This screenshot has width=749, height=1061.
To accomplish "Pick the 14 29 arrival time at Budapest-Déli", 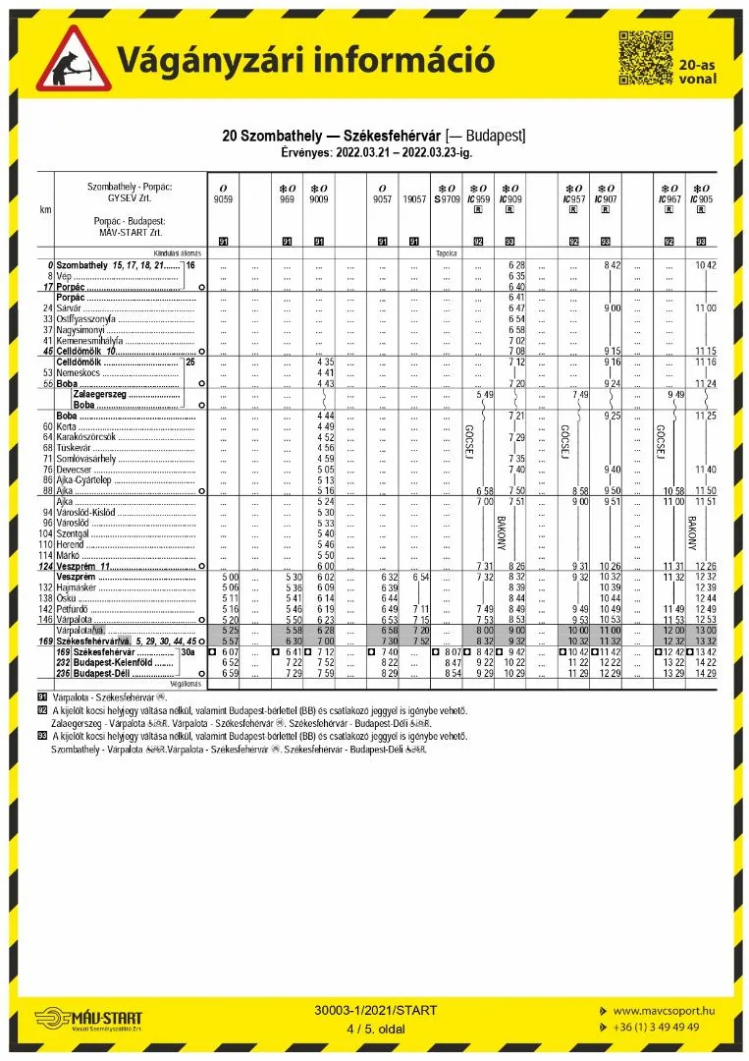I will click(705, 673).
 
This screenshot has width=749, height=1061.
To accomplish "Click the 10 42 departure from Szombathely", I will click(705, 265).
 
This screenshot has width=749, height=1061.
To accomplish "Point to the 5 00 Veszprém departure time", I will click(231, 577).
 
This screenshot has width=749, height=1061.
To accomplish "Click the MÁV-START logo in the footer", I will click(89, 1019).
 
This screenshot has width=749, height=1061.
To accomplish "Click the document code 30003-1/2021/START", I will click(376, 1010).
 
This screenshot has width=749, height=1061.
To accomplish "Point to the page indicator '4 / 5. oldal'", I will click(376, 1029).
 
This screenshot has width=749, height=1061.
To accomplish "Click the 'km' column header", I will click(45, 209).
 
